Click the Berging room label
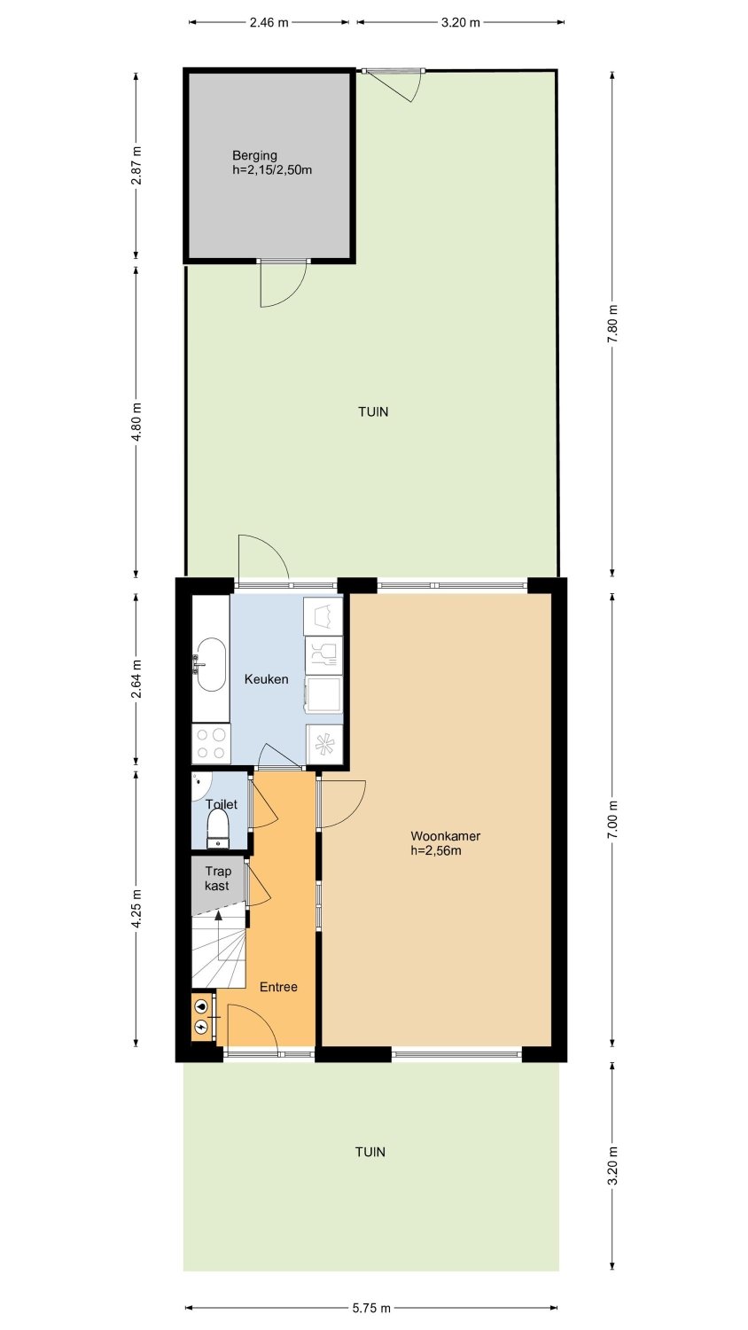(x=254, y=155)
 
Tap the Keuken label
(x=267, y=679)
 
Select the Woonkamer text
(x=445, y=836)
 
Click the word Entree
(x=278, y=987)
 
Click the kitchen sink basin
(x=211, y=665)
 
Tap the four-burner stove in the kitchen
(x=211, y=743)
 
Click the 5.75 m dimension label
(x=371, y=1308)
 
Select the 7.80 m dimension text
(x=613, y=323)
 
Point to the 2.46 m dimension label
(x=269, y=22)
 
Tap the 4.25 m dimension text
(x=136, y=909)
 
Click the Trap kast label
(x=218, y=878)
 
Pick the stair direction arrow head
(x=219, y=915)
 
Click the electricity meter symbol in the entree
(x=202, y=1025)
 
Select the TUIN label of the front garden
(x=370, y=1152)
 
